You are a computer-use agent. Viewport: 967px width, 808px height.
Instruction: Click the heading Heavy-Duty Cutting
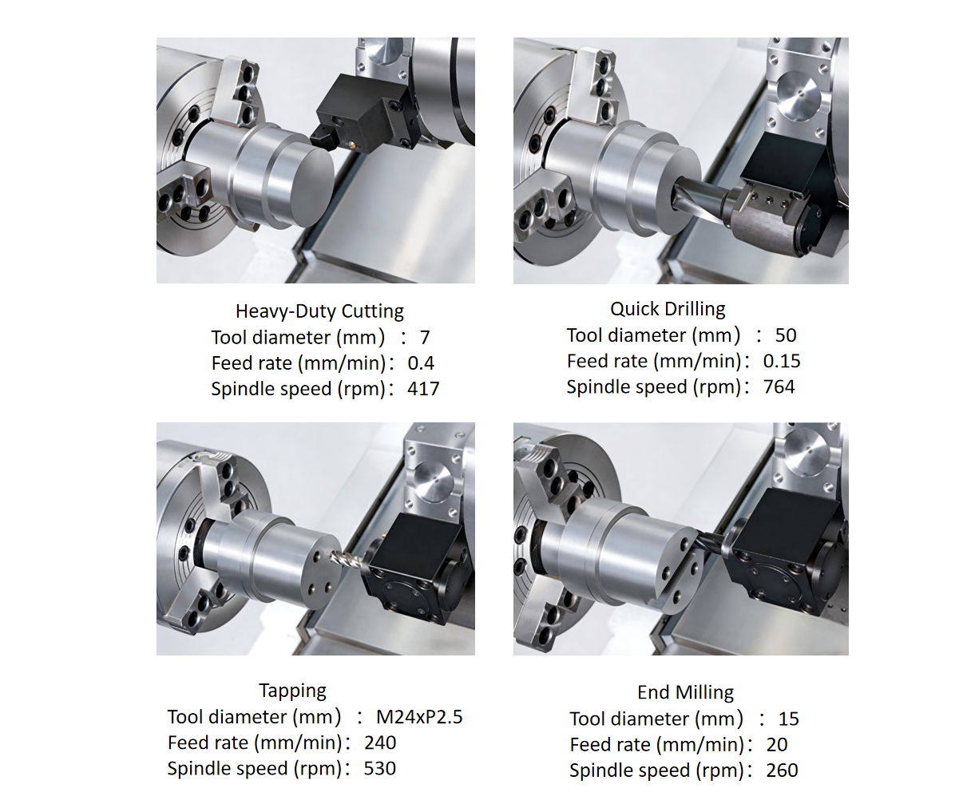click(x=319, y=311)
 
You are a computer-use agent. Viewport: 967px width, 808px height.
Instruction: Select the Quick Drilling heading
click(x=668, y=309)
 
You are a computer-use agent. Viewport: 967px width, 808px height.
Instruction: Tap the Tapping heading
click(x=292, y=691)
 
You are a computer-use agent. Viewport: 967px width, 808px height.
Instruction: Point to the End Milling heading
click(x=685, y=692)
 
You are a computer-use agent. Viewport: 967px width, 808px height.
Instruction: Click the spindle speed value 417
click(x=423, y=389)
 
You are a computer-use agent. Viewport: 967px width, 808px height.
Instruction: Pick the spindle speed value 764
click(x=779, y=386)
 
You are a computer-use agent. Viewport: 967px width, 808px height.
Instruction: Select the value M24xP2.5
click(x=419, y=717)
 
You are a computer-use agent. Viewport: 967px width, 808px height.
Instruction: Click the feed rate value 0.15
click(x=782, y=361)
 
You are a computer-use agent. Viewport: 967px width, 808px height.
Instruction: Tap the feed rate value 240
click(x=380, y=743)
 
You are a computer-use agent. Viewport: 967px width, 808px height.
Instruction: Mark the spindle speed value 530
click(x=380, y=769)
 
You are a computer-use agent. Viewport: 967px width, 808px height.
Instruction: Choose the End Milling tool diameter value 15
click(x=789, y=719)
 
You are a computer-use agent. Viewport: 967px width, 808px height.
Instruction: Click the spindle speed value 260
click(x=782, y=770)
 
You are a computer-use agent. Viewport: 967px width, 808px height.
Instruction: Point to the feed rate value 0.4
click(x=421, y=363)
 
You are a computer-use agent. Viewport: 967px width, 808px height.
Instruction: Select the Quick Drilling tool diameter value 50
click(x=786, y=335)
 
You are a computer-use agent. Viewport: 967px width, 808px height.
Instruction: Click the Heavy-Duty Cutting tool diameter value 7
click(x=425, y=338)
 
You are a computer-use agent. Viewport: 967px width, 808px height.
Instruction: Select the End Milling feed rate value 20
click(x=777, y=745)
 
